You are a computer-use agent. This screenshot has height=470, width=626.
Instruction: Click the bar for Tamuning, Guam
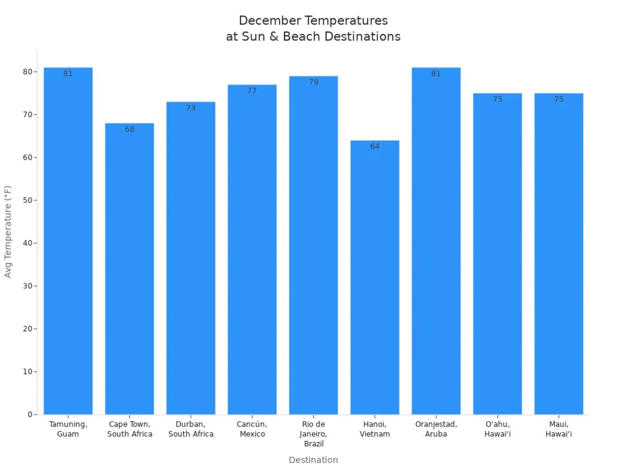68,240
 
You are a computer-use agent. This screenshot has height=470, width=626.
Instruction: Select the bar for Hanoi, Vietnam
375,277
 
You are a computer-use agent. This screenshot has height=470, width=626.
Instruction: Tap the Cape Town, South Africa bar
129,269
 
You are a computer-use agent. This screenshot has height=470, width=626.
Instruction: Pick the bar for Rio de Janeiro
314,245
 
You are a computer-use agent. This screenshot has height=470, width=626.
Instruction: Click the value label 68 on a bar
129,130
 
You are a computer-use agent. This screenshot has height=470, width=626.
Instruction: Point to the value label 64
375,147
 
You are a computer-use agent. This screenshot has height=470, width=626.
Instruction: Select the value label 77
252,91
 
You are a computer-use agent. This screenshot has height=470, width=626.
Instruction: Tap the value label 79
314,83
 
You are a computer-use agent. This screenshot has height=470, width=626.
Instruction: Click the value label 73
191,108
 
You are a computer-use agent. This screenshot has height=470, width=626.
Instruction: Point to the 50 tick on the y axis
27,200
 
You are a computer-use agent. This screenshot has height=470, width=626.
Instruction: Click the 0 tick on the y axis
30,415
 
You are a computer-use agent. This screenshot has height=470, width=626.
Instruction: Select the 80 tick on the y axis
27,72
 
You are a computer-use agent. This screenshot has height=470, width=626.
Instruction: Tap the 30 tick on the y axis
27,286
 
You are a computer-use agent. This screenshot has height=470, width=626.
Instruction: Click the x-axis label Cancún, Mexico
252,429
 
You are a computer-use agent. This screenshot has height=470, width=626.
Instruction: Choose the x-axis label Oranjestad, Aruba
436,429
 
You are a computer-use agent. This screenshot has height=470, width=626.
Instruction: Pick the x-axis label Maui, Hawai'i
559,429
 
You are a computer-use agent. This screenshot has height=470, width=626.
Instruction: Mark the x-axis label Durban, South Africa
191,429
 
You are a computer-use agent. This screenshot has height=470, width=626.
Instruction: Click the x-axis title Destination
314,460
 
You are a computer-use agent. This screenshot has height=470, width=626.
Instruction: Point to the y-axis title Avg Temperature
8,231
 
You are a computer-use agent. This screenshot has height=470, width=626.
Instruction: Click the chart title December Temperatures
314,21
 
